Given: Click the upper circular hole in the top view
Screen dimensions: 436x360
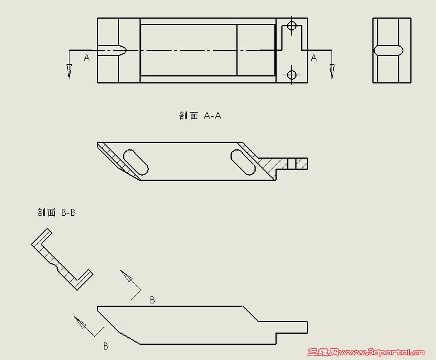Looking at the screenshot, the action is pos(291,26).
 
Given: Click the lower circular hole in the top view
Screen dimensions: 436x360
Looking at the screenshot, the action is pos(291,75).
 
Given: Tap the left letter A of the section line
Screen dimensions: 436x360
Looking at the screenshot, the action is pos(87,58).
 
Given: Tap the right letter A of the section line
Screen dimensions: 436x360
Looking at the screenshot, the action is pos(313,58).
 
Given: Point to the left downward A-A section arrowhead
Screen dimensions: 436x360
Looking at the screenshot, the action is pos(69,71).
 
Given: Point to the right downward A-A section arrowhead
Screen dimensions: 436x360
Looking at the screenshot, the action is pos(332,71).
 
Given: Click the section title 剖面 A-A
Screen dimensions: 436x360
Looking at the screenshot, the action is pos(200,116).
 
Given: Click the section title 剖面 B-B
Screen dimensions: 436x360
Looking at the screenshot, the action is pos(57,212).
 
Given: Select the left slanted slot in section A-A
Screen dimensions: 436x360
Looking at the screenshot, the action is pos(135,162).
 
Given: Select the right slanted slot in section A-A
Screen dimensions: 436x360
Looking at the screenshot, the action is pos(243,162).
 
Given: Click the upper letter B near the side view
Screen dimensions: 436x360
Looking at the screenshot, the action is pos(152,300).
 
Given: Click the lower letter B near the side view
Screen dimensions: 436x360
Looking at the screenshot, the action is pos(106,346).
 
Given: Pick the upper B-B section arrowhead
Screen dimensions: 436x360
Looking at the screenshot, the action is pos(126,276).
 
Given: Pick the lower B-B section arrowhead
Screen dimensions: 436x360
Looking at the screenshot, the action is pos(80,322).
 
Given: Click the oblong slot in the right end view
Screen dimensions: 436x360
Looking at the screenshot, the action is pos(389,50).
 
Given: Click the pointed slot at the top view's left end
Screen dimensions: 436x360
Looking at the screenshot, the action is pos(112,50).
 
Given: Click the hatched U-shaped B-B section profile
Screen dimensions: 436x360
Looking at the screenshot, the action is pos(62,260).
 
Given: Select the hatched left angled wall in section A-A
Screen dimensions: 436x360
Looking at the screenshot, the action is pos(118,161).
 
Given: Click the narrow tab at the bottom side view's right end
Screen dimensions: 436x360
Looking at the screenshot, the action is pos(292,327).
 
